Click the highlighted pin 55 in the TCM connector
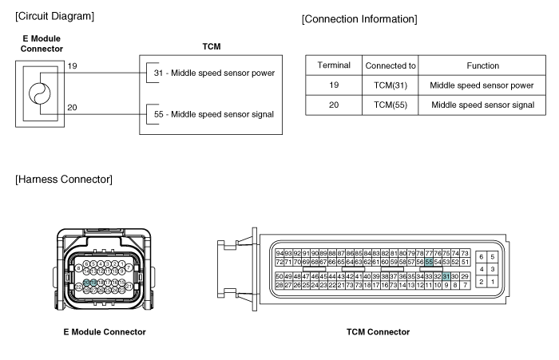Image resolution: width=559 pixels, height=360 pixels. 429,261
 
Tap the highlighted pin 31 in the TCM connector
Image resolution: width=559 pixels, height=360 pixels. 446,275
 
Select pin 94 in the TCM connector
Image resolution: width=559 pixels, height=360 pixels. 279,252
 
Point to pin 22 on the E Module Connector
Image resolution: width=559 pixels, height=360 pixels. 78,286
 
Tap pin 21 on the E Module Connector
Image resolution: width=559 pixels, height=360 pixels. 129,285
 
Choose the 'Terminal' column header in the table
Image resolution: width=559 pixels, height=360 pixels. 334,65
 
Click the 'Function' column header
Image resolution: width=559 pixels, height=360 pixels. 482,65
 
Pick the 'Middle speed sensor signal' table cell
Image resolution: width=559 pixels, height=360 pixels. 482,105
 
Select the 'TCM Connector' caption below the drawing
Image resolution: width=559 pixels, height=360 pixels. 378,332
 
